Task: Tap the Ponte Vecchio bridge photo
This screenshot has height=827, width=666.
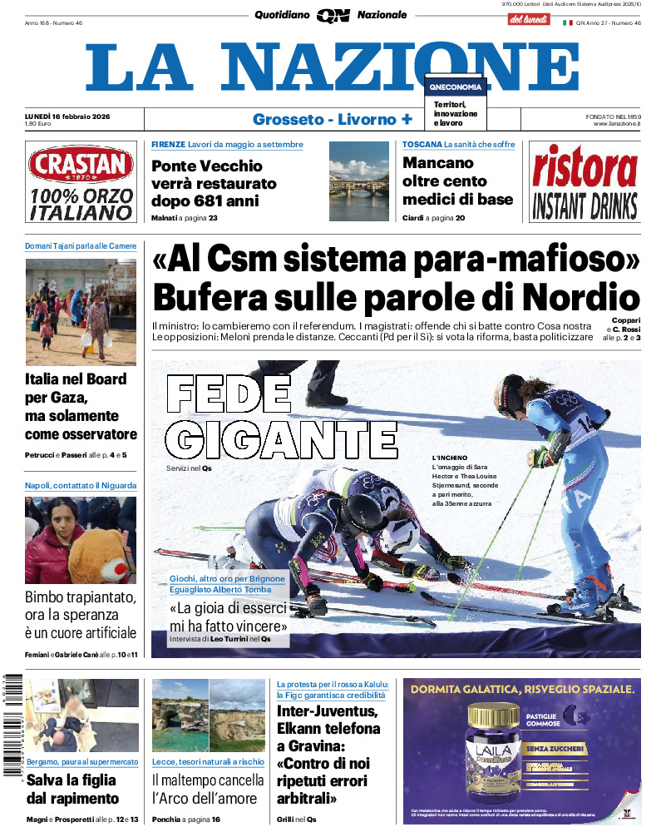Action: [358, 181]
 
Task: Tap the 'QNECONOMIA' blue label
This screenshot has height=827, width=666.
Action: [455, 87]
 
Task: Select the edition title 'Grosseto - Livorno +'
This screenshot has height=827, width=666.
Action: [332, 119]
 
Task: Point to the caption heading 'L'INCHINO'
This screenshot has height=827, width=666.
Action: [449, 458]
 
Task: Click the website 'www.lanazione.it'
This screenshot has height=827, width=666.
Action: [616, 124]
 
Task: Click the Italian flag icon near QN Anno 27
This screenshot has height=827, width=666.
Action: [568, 22]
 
